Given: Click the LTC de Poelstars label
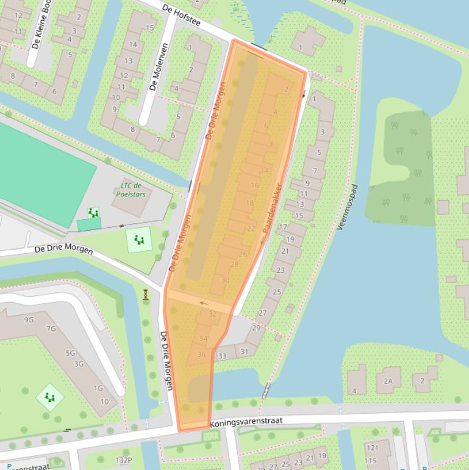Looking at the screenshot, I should (131, 189).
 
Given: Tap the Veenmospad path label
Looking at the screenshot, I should (346, 208).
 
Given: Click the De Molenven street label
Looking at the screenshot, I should (159, 67).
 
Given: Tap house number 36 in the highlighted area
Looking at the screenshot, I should (201, 355).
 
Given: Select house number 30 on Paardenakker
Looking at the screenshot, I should (225, 280).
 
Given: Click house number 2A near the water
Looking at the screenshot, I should (388, 381).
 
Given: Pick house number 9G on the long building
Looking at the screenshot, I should (29, 320).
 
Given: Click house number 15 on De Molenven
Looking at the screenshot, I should (149, 28).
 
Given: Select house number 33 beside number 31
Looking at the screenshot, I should (222, 356).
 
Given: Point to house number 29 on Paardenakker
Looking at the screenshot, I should (256, 328).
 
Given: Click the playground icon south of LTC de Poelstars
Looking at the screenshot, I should (140, 239).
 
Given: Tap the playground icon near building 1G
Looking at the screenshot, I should (49, 397).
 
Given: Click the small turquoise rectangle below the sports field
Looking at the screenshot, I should (89, 225).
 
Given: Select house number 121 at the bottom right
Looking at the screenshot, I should (371, 447).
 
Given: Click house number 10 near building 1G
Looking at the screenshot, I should (105, 402).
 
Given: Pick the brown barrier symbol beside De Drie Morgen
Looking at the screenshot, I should (146, 295).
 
